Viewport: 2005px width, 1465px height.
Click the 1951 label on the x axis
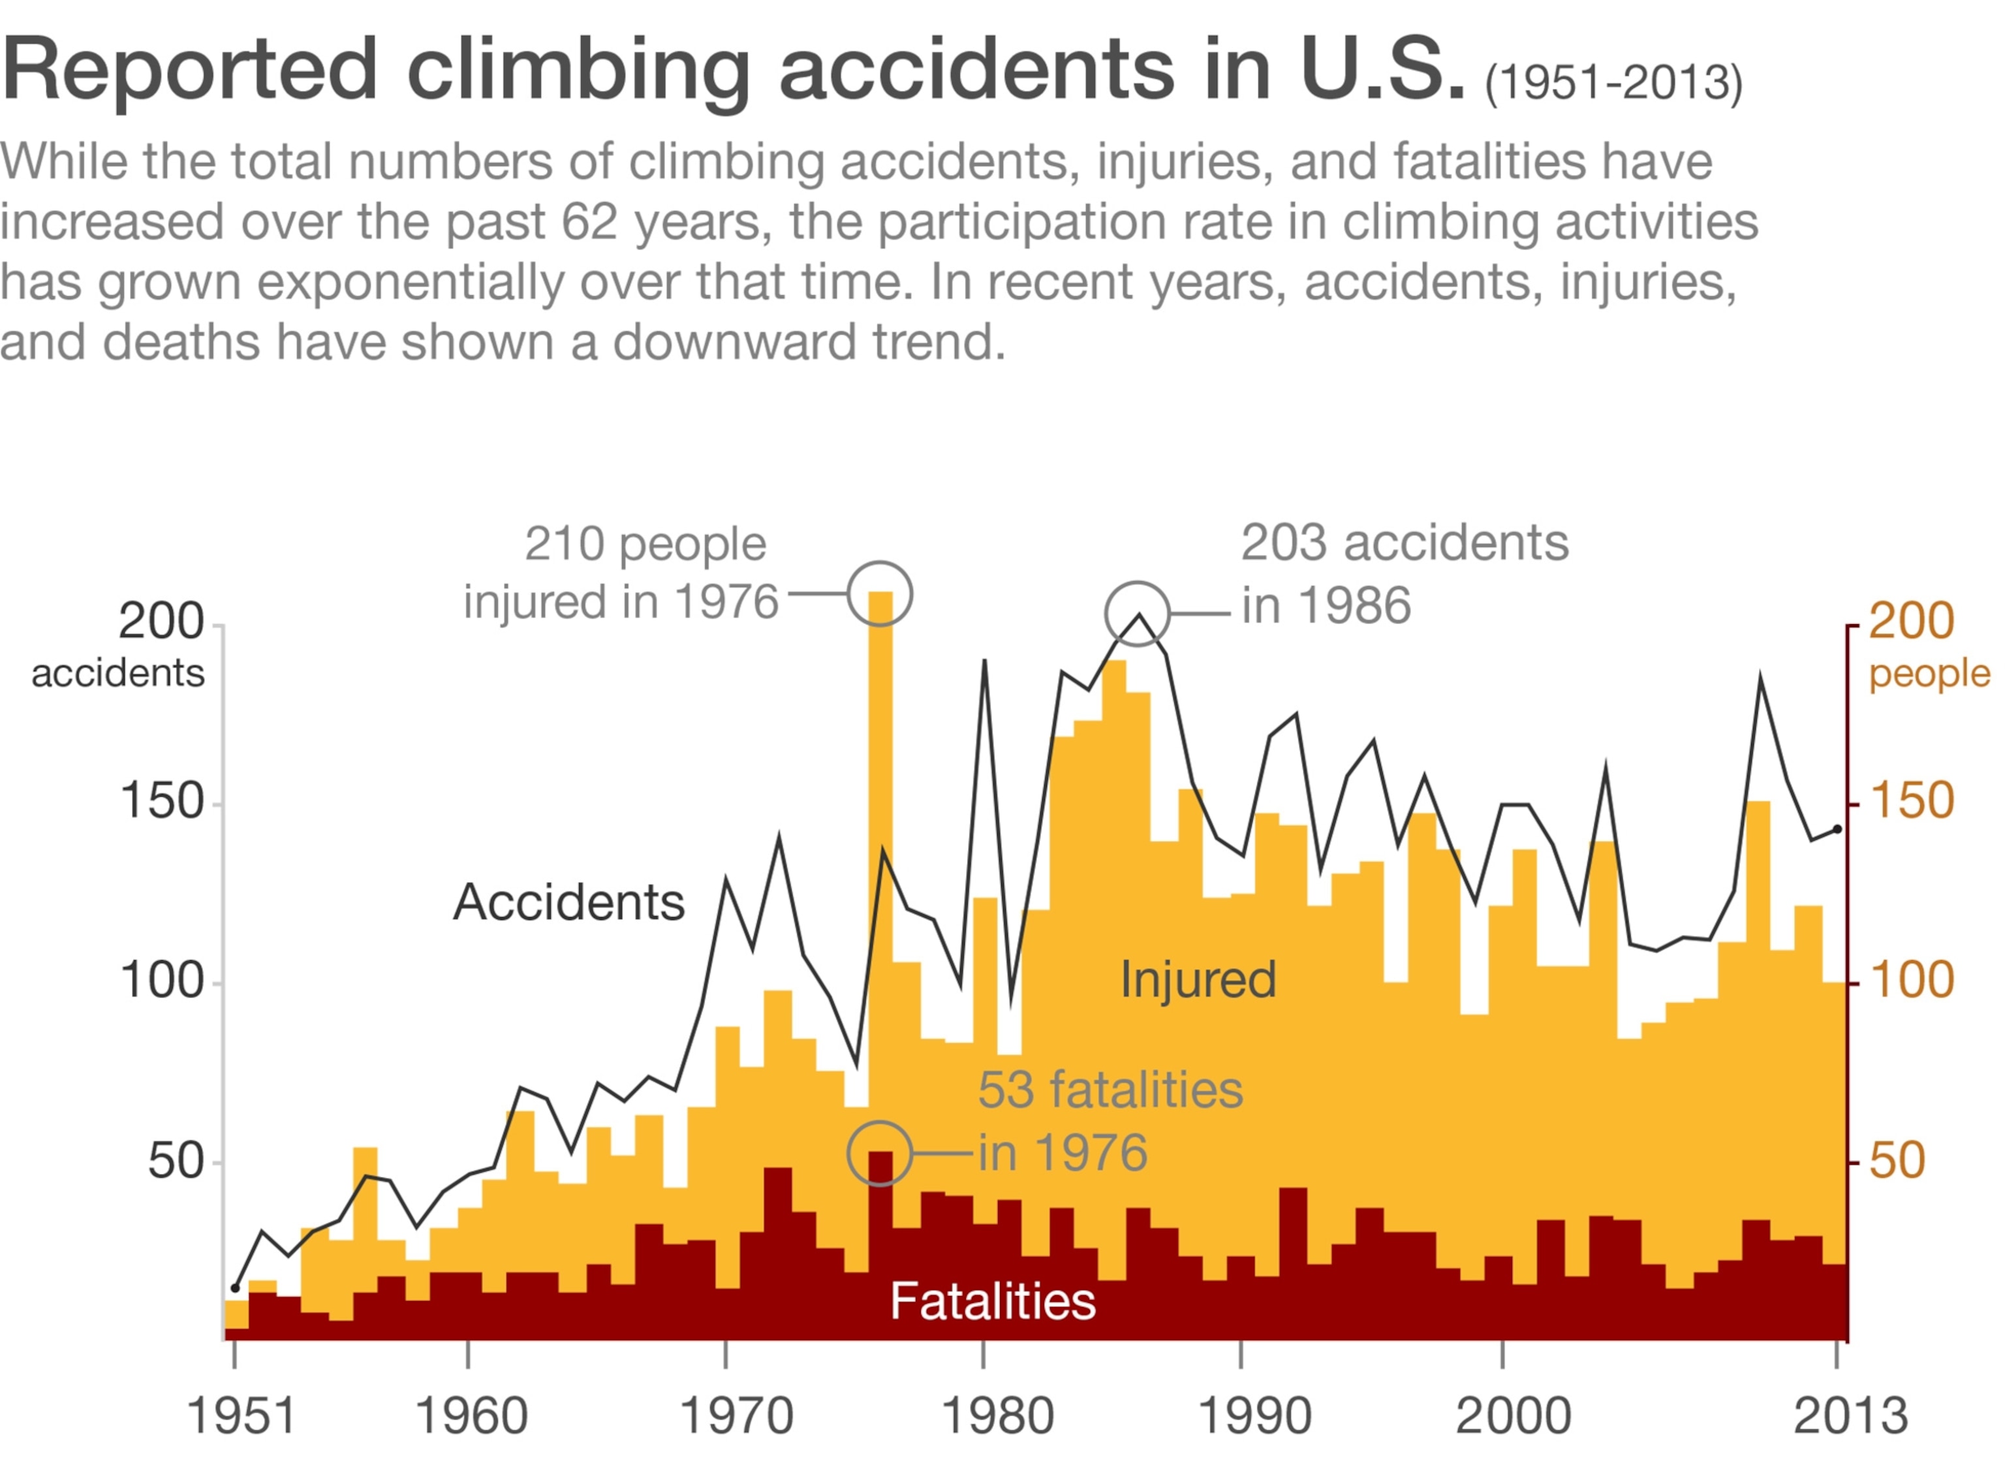click(241, 1416)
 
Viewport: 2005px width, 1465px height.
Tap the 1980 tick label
click(997, 1416)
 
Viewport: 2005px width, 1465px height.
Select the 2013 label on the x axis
click(1850, 1416)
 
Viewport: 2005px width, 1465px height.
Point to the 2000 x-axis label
click(1513, 1416)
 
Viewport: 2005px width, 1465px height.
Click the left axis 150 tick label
click(161, 802)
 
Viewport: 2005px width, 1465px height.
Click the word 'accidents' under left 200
click(118, 674)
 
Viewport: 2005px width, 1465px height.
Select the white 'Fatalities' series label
click(993, 1301)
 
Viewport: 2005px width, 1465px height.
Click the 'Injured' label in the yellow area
click(1198, 980)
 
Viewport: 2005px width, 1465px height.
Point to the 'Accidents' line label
click(569, 903)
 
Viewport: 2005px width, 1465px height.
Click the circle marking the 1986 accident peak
click(1137, 614)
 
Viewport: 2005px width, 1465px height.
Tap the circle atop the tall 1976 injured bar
click(879, 594)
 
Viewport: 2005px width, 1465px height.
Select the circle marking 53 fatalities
click(879, 1153)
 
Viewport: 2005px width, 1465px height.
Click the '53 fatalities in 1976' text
click(1110, 1121)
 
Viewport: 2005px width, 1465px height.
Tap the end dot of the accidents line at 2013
click(1837, 829)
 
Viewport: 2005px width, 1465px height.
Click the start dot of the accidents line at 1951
click(235, 1287)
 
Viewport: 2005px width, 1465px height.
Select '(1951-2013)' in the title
click(1613, 82)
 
